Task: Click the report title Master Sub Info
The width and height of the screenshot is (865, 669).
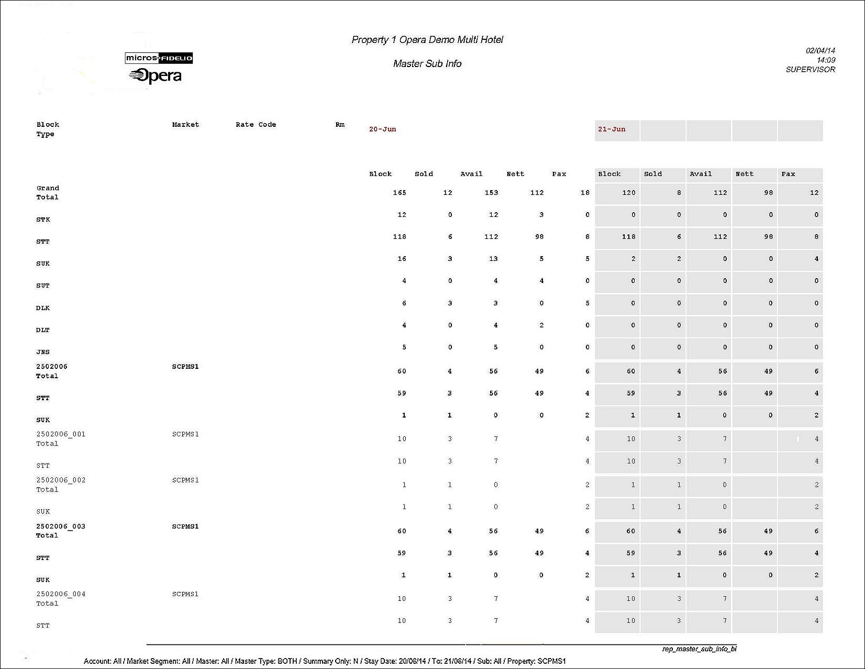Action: coord(427,63)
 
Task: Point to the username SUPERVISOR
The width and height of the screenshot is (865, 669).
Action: coord(810,69)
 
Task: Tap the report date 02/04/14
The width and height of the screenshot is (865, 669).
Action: coord(820,50)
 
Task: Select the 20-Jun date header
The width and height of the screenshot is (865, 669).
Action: coord(382,129)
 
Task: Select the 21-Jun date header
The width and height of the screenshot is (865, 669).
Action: coord(612,129)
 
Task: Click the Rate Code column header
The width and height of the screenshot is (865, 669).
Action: coord(256,125)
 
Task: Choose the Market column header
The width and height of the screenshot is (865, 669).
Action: coord(185,125)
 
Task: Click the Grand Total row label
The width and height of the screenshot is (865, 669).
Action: coord(48,192)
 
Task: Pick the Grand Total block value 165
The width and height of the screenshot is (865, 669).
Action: coord(400,193)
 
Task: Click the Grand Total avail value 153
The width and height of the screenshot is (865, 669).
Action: coord(491,193)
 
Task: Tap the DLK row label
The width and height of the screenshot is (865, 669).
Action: coord(43,308)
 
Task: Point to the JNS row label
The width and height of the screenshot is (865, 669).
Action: coord(43,352)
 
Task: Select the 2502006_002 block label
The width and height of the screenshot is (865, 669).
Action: coord(61,480)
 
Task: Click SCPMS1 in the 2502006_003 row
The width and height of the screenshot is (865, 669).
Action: coord(185,527)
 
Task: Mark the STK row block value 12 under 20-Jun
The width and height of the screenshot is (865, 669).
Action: coord(402,215)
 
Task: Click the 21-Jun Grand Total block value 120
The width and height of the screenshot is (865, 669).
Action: coord(628,193)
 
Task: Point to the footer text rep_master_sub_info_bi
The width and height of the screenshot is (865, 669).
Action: coord(699,649)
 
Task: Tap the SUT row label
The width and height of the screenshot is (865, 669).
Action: coord(43,286)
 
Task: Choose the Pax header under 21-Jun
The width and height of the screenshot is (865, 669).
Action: coord(788,174)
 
